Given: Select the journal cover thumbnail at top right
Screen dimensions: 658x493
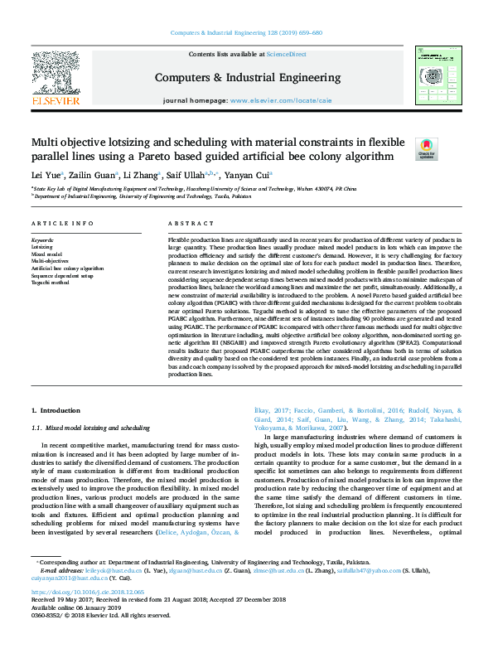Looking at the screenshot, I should click(437, 75).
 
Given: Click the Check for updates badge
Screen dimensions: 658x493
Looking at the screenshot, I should click(425, 148).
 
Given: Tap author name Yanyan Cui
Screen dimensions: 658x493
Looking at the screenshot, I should click(252, 175).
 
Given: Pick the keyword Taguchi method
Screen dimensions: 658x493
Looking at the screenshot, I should click(50, 283).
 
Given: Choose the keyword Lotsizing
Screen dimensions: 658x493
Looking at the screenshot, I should click(41, 247).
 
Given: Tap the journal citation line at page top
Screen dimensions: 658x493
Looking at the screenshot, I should click(246, 32).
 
